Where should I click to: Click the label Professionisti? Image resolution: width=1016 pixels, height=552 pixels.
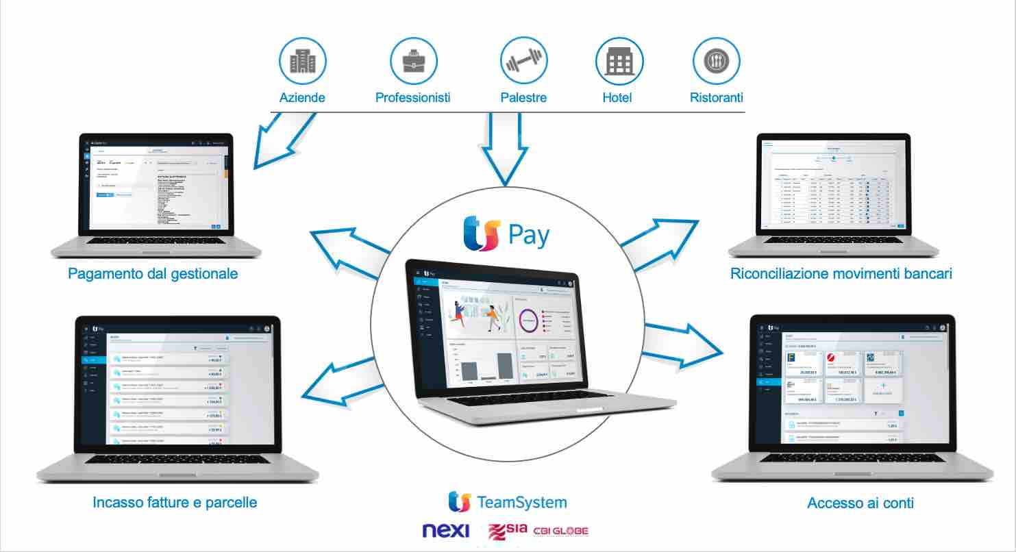(x=413, y=97)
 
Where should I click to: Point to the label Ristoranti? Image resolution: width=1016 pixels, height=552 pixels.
(x=716, y=97)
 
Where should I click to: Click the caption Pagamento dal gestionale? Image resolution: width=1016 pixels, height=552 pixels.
(x=153, y=274)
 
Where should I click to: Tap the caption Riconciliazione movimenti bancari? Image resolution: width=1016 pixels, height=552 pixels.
(x=841, y=274)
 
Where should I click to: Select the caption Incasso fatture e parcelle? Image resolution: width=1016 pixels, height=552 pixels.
(x=175, y=503)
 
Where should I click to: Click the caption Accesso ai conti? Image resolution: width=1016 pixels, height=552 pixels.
(x=860, y=503)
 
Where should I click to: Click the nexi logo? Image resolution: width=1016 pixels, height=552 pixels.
(x=446, y=531)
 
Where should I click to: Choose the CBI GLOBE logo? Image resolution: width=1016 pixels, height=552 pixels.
(x=561, y=531)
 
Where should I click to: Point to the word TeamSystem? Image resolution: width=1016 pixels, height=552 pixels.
(x=521, y=502)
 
